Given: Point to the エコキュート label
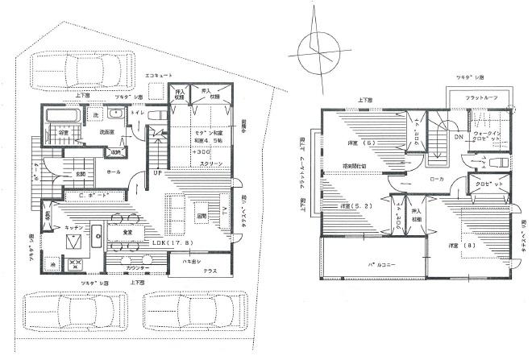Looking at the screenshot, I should pyautogui.click(x=159, y=75).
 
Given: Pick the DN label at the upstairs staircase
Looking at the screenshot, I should pyautogui.click(x=458, y=137).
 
